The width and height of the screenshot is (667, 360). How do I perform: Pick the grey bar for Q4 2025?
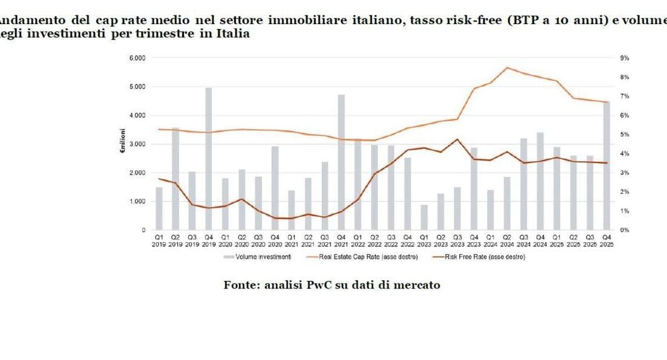coord(606,165)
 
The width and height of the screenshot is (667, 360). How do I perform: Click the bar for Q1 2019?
coord(159,209)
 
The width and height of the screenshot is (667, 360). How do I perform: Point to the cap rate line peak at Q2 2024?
coord(507,68)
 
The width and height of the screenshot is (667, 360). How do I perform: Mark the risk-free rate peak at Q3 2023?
coord(457,139)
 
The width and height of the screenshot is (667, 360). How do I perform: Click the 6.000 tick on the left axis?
coord(136,58)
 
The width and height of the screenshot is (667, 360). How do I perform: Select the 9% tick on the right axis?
coord(624,58)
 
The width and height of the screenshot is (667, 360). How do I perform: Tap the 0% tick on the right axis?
coord(624,230)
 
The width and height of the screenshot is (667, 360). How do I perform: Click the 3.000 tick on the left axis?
coord(136,144)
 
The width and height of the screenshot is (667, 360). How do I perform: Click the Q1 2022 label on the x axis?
coord(358,240)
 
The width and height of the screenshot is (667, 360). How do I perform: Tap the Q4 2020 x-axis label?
coord(275,240)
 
